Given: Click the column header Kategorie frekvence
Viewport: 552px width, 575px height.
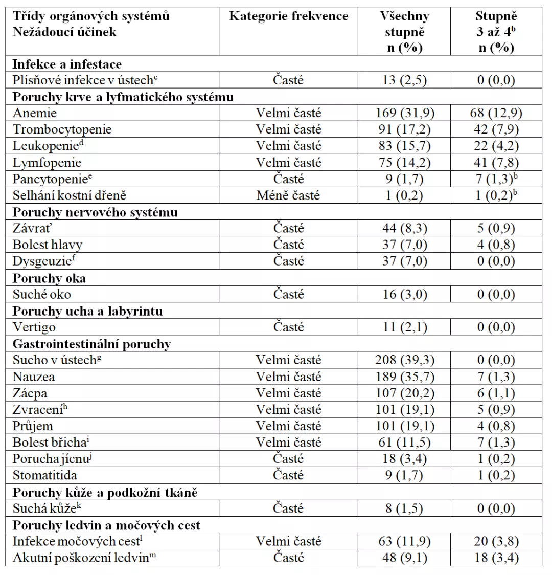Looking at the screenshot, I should [288, 16].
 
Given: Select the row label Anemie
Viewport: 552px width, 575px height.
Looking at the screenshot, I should [35, 113].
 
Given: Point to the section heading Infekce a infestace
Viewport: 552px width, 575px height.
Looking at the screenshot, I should [67, 64].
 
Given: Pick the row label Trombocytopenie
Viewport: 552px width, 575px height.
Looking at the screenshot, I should [62, 129].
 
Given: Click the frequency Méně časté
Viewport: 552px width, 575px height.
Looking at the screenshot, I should [288, 195].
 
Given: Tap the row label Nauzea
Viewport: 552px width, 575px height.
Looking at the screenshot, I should [34, 377].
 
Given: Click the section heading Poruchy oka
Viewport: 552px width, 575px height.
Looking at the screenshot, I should [49, 278].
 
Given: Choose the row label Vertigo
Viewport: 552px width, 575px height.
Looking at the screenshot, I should [34, 327].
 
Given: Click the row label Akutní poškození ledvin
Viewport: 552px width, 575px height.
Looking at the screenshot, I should [84, 558].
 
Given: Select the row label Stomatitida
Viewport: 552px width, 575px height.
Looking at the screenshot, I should [45, 475].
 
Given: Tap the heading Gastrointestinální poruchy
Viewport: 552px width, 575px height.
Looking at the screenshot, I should [91, 344].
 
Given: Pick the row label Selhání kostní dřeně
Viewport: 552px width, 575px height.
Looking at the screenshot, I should [69, 195].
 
